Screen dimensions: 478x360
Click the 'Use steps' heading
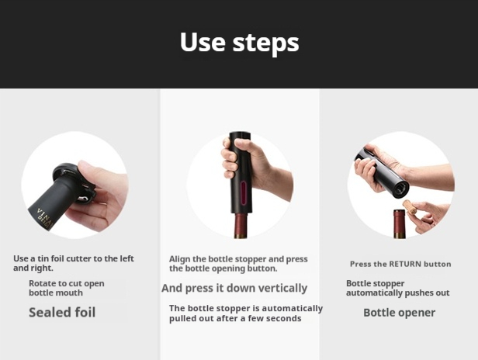(x=239, y=43)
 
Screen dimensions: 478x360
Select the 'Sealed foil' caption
(x=62, y=313)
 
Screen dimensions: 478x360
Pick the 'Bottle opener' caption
(x=400, y=313)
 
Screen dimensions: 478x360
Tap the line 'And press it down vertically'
(x=234, y=288)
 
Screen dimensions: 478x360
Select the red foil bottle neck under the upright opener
(x=241, y=226)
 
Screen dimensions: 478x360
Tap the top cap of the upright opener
(x=241, y=136)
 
